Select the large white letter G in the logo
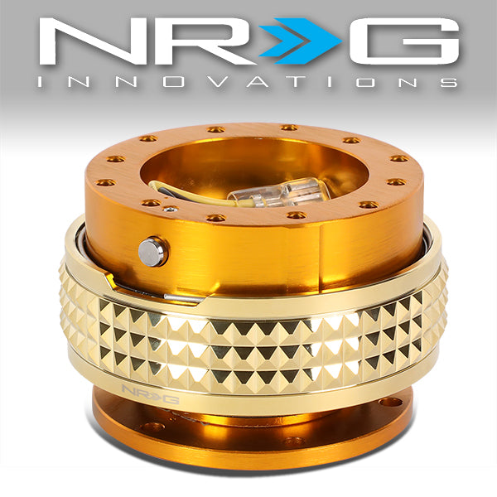point(404,41)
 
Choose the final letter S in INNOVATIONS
point(449,82)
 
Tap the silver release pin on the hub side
point(152,252)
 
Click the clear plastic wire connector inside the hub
point(279,192)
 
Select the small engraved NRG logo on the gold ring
point(151,393)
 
